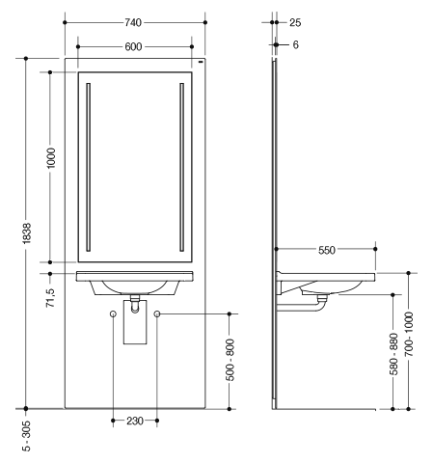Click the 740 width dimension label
point(133,22)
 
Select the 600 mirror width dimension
point(133,47)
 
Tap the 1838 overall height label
point(27,233)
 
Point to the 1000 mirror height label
point(51,158)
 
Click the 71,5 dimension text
point(51,298)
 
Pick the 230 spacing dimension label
point(135,421)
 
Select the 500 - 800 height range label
point(230,360)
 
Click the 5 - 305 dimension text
point(27,436)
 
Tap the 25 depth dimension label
point(295,23)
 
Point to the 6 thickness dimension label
point(295,44)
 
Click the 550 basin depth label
point(327,250)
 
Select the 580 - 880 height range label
point(393,354)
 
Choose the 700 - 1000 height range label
point(409,334)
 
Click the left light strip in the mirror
point(89,167)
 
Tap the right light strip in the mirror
point(182,167)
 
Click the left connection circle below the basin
point(113,313)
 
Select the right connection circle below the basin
point(157,313)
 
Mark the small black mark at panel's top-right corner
point(201,62)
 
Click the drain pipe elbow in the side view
point(319,307)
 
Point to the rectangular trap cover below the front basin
point(135,322)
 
